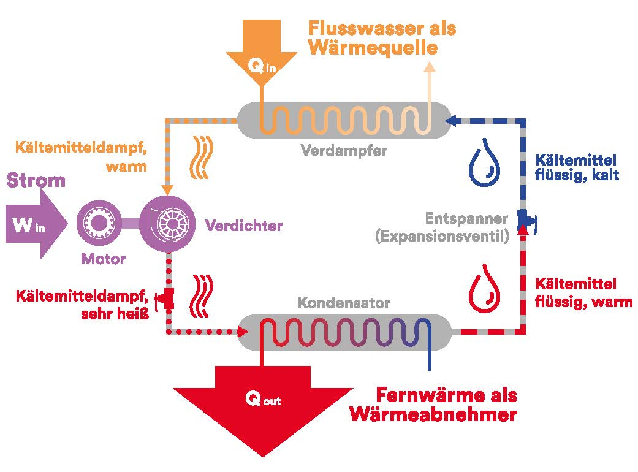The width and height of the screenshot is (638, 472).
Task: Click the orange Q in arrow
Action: pos(262,51)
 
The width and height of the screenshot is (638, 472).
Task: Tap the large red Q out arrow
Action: pos(263,407)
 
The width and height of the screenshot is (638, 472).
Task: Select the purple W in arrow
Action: pos(37,224)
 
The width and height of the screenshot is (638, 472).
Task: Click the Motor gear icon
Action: pos(99,223)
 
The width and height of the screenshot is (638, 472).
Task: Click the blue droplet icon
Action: pos(484,162)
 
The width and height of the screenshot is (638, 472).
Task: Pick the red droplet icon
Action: pos(484,289)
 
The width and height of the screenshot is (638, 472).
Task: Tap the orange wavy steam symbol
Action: pos(202,158)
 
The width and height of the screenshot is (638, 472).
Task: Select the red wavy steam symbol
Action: pos(202,296)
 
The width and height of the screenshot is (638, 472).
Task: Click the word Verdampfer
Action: pos(344,151)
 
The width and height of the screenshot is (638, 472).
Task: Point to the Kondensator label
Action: pos(344,303)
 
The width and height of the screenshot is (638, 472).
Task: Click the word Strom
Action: pos(36,180)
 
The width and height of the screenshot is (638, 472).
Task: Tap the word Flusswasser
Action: pos(359,28)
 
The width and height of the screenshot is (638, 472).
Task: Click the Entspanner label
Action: pos(466,218)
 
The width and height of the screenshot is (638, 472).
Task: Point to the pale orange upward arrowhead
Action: pos(429,67)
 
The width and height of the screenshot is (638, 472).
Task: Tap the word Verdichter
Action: pos(244,226)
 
